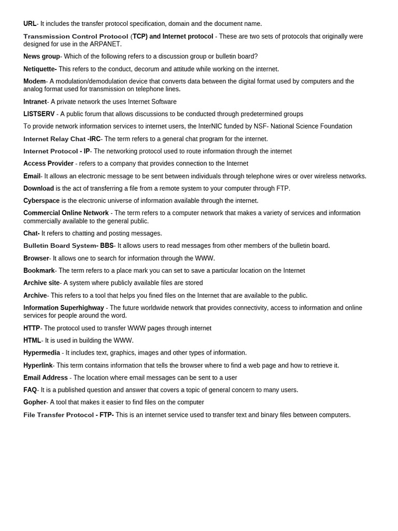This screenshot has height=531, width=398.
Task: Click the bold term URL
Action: coord(30,24)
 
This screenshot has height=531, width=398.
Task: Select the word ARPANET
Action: coord(105,44)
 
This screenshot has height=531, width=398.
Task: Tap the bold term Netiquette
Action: coord(39,69)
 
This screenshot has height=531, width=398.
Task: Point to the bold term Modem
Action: coord(34,81)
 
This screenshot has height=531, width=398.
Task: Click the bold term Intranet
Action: coord(35,102)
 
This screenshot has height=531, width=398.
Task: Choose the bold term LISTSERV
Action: coord(39,114)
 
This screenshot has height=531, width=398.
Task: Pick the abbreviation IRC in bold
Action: coord(95,139)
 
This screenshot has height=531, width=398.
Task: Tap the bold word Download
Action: coord(38,188)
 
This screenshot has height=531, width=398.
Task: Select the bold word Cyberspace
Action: coord(41,201)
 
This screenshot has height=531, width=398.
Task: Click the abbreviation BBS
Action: coord(107,246)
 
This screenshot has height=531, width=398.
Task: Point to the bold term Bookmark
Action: coord(39,271)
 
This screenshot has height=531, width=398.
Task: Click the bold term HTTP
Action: coord(32,328)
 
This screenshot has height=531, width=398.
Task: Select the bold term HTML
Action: coord(32,341)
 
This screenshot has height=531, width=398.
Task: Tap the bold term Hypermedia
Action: coord(41,353)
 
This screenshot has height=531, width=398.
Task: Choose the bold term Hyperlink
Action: coord(38,366)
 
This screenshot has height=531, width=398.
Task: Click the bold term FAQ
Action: coord(30,390)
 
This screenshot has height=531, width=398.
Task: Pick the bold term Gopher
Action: coord(35,402)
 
